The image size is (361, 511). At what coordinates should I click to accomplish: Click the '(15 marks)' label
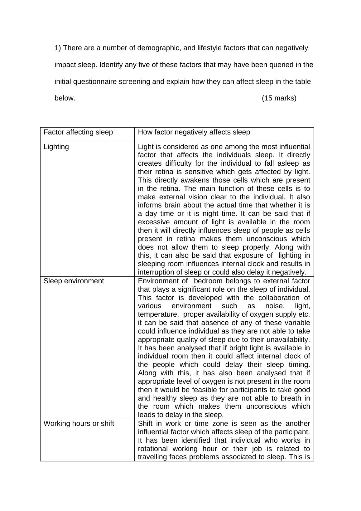coord(279,98)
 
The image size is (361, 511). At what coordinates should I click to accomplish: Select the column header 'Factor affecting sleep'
coord(78,132)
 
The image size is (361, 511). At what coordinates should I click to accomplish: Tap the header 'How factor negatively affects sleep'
coord(194,132)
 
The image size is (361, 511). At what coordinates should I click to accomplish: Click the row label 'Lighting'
coord(56,147)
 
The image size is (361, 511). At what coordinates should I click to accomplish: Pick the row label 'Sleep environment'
coord(74,281)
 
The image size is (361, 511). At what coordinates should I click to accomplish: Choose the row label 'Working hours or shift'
coord(79,423)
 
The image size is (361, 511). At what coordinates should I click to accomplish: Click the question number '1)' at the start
coord(58,48)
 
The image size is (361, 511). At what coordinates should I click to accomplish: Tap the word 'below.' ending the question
coord(65,98)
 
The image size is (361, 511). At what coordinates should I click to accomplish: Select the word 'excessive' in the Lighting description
coord(153,222)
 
